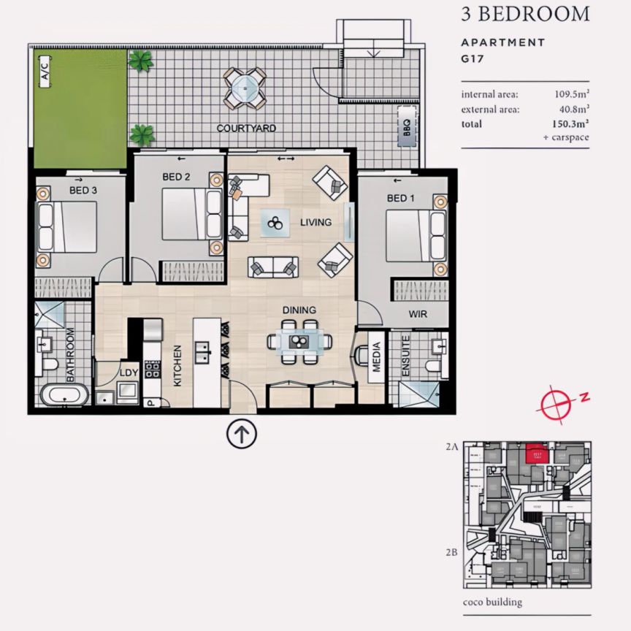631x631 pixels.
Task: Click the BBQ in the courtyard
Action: [x=404, y=128]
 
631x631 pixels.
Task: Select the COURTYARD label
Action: [x=246, y=129]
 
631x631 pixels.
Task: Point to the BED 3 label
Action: [x=83, y=190]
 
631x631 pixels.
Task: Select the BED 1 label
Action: [x=401, y=199]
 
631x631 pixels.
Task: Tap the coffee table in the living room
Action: [x=275, y=223]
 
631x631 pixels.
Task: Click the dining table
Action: [x=299, y=341]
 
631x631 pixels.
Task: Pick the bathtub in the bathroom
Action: [x=64, y=397]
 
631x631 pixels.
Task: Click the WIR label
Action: [x=417, y=315]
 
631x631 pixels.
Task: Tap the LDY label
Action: [x=129, y=373]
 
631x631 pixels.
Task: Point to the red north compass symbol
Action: [x=558, y=402]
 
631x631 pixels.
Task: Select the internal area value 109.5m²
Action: [x=572, y=94]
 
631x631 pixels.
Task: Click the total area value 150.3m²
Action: [x=572, y=124]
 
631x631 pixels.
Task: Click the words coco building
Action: [x=492, y=603]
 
